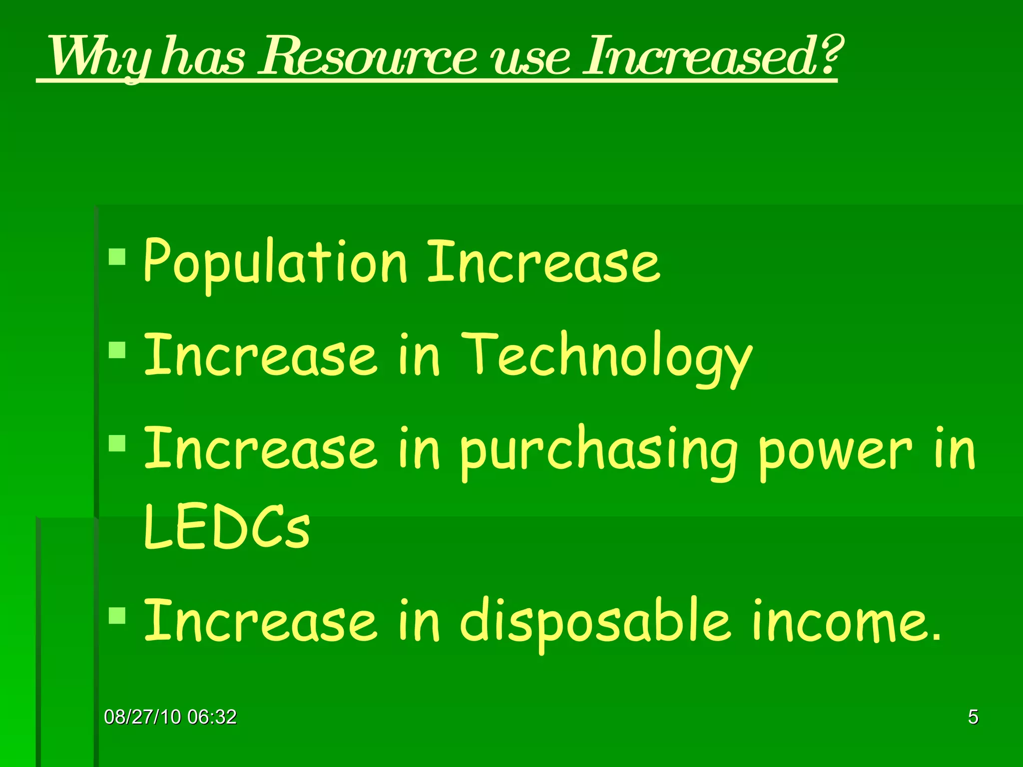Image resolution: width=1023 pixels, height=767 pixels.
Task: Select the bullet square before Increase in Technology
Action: click(117, 350)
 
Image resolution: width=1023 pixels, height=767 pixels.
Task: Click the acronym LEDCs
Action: click(227, 528)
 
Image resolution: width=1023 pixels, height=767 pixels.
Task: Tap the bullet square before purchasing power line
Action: click(117, 443)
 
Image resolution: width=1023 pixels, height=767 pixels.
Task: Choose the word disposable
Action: click(594, 622)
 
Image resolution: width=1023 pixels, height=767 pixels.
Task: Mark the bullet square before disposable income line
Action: click(117, 615)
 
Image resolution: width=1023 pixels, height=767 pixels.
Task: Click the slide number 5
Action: click(973, 717)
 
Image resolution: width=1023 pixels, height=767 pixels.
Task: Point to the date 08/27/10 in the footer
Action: click(142, 717)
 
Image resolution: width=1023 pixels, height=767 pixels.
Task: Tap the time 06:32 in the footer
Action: click(212, 717)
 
